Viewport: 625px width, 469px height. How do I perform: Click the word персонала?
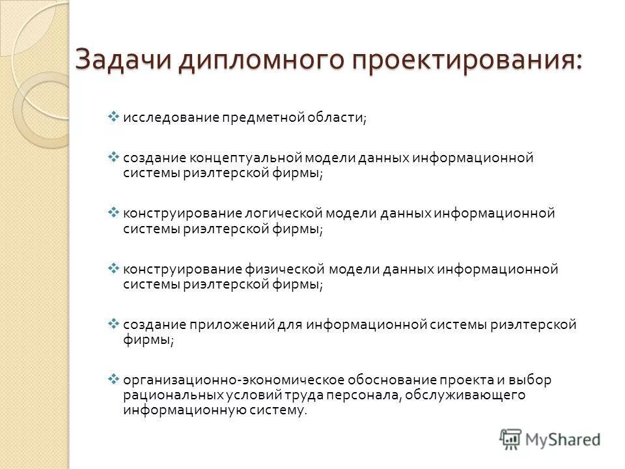point(368,395)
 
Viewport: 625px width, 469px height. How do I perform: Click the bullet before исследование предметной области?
point(112,117)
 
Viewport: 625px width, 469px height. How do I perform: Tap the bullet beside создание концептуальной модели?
point(112,158)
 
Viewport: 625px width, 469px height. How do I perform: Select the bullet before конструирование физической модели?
point(112,268)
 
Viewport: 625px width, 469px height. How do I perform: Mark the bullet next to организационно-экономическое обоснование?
point(112,379)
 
